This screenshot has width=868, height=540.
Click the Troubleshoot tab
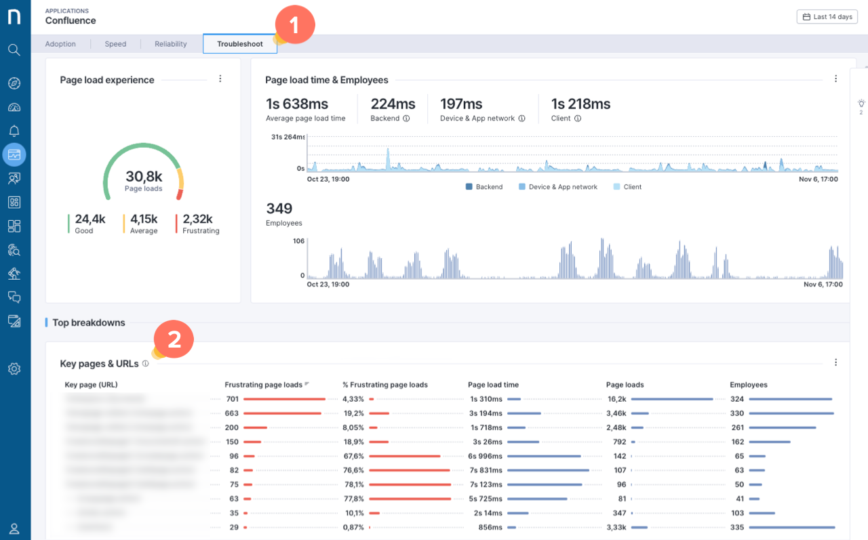[239, 44]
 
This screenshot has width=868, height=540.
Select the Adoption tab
[60, 44]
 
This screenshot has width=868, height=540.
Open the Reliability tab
[170, 44]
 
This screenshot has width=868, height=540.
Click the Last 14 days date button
[827, 17]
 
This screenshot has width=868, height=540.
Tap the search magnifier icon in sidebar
[14, 49]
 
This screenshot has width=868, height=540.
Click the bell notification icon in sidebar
[14, 131]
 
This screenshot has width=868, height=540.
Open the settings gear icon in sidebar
[14, 369]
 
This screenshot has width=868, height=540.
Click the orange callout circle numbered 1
[294, 26]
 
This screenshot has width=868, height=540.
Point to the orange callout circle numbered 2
[174, 339]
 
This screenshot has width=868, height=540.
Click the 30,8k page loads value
[144, 177]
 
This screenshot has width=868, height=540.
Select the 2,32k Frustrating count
[197, 219]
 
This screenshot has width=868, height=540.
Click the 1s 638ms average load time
[297, 104]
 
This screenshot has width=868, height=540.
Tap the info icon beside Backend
[406, 119]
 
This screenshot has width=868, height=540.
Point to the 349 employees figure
[279, 208]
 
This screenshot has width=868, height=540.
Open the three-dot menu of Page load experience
[220, 79]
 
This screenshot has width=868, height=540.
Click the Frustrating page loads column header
[263, 385]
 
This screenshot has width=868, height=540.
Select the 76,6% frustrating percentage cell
[353, 470]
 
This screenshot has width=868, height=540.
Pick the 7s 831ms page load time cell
[486, 470]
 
